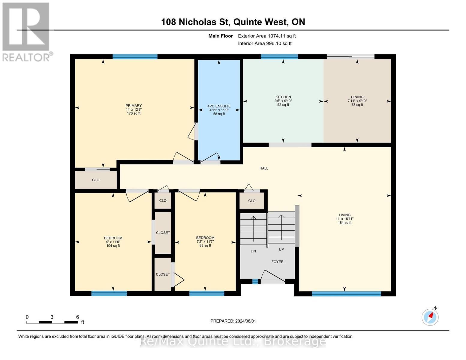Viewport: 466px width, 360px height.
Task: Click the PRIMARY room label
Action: coord(134,106)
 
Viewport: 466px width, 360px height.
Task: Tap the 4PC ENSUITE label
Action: coord(219,106)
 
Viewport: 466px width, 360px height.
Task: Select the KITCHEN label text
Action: coord(283,97)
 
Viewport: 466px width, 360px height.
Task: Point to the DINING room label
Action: coord(357,97)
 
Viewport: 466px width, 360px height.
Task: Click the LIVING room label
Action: coord(344,215)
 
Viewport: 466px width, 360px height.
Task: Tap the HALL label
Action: coord(264,168)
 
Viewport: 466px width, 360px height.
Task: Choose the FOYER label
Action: coord(277,262)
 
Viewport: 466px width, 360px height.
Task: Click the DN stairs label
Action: coord(253,251)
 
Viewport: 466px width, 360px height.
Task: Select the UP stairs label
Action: coord(281,249)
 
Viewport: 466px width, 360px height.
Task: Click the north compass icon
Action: coord(430,317)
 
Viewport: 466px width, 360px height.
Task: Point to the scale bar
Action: coord(52,322)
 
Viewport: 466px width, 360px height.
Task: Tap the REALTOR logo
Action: coord(27,32)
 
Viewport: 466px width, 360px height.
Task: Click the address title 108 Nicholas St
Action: coord(195,22)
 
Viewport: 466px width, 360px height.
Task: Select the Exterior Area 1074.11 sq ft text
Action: coord(267,36)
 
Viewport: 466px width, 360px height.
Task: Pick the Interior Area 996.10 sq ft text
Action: coord(265,43)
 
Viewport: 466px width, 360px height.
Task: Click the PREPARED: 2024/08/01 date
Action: coord(233,321)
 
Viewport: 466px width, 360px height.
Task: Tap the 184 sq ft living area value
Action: coord(344,223)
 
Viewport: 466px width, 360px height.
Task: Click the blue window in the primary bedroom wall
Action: coord(135,57)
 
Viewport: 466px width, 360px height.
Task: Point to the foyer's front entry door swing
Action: coord(273,277)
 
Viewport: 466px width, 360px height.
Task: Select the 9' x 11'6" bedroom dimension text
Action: coord(113,242)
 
